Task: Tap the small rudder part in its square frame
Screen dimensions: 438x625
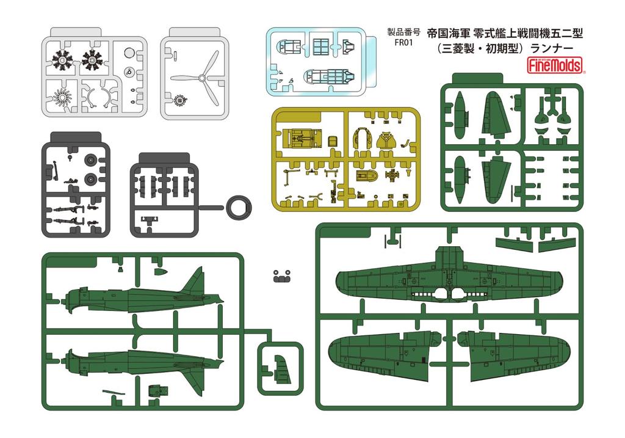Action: pyautogui.click(x=280, y=369)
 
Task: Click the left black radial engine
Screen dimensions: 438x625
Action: pyautogui.click(x=62, y=60)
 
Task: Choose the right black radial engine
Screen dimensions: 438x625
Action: pyautogui.click(x=95, y=60)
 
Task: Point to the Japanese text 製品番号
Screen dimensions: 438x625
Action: pyautogui.click(x=403, y=32)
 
